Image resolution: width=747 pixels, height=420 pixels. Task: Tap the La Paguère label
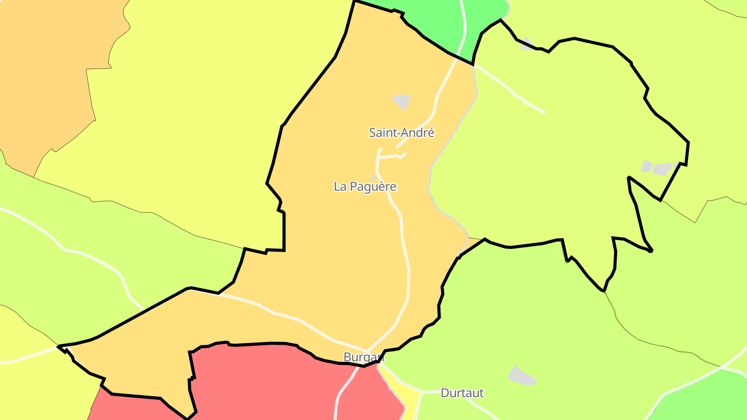click(x=365, y=187)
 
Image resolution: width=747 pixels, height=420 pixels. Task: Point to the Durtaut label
click(x=462, y=393)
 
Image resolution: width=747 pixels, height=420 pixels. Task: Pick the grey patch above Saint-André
click(x=402, y=101)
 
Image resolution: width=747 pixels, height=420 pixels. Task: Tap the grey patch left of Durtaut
click(x=521, y=376)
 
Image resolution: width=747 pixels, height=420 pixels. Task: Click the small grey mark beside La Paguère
click(x=373, y=178)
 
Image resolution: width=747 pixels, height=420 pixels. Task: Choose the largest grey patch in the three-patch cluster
click(x=662, y=169)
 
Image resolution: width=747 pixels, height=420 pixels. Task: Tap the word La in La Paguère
click(x=340, y=187)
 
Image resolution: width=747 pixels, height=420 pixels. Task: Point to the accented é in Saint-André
click(x=430, y=133)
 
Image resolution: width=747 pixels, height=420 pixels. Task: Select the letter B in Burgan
click(x=347, y=357)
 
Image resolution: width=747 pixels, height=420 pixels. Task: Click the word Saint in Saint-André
click(x=381, y=133)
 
